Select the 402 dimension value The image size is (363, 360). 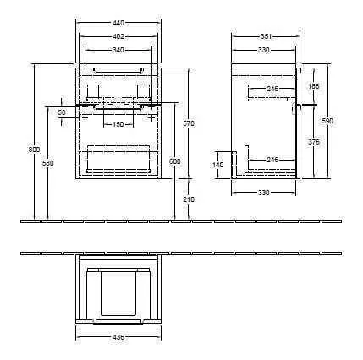tap(118, 37)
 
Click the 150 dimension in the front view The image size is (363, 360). tap(118, 125)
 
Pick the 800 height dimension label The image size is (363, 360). tap(34, 150)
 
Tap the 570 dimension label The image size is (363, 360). tap(189, 125)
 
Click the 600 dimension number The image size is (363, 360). tap(175, 161)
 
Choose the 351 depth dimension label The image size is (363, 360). tap(265, 37)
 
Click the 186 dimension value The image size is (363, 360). tap(313, 87)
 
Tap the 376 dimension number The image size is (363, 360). tap(314, 143)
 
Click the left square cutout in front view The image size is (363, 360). tap(92, 90)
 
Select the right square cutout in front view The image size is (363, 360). tap(143, 90)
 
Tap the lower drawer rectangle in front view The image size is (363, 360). tap(118, 158)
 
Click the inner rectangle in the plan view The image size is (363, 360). tap(118, 290)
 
